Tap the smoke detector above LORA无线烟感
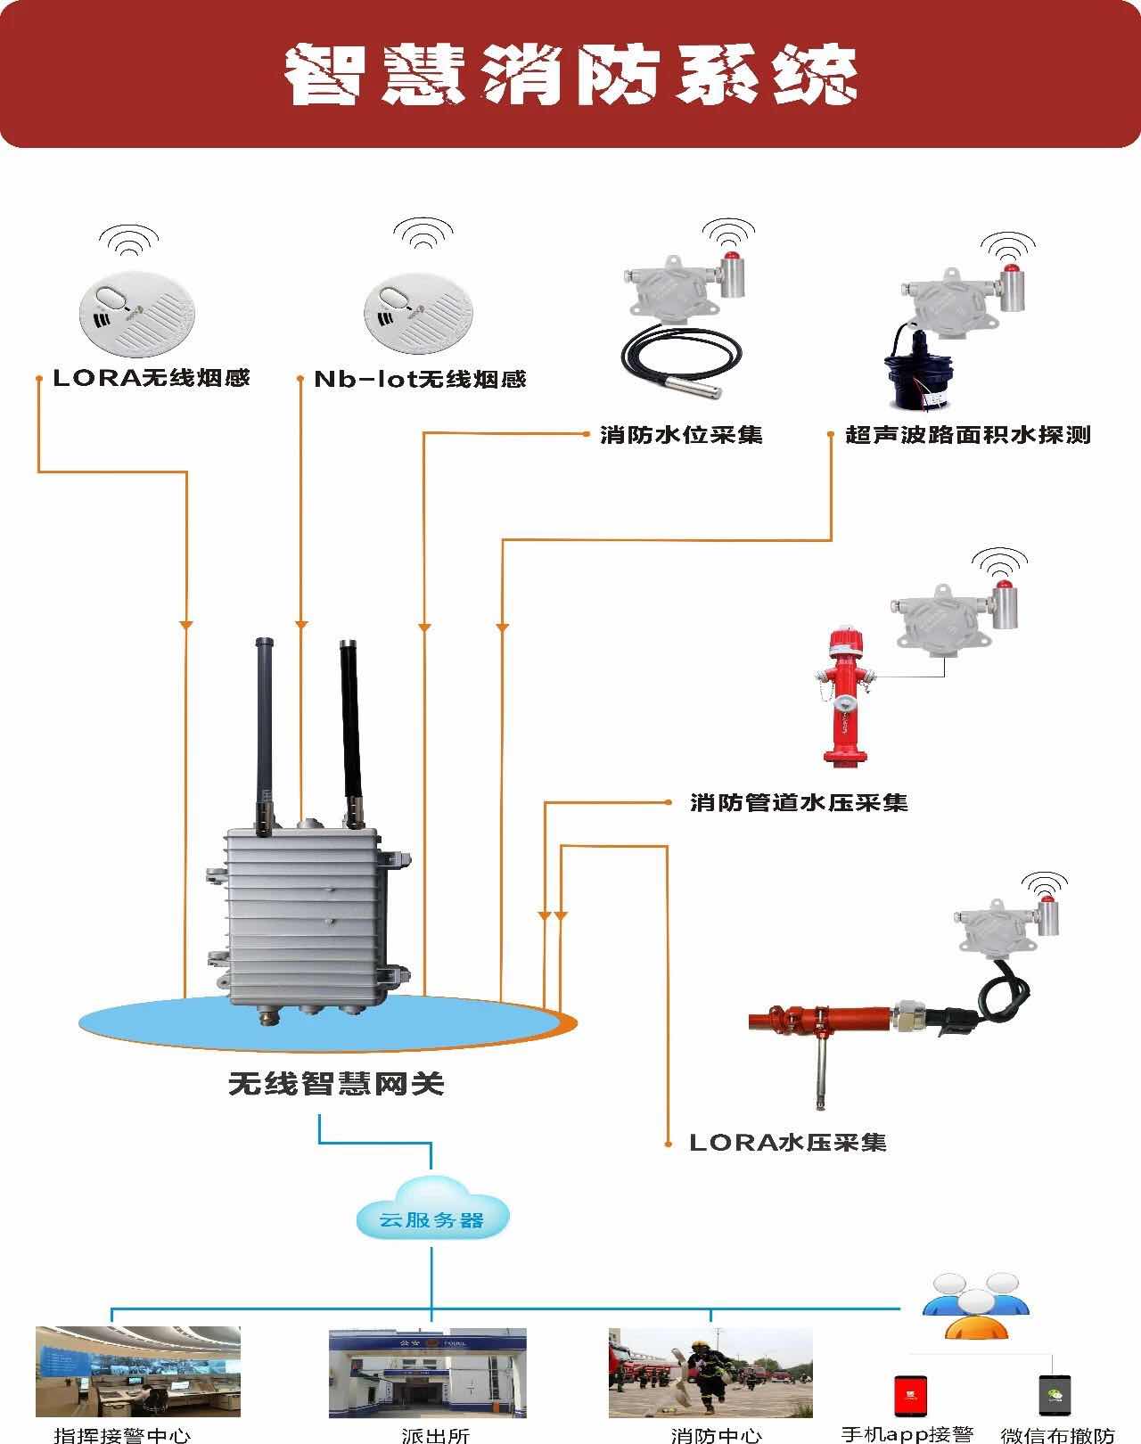(136, 313)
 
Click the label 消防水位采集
(681, 435)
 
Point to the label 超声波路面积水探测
(968, 435)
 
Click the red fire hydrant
(842, 695)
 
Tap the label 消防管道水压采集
(799, 802)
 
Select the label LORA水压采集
(788, 1143)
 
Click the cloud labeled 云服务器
(432, 1217)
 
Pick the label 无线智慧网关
(336, 1084)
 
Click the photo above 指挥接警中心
(138, 1372)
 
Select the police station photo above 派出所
(427, 1373)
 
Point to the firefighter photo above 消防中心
(710, 1373)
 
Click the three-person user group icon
(976, 1306)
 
